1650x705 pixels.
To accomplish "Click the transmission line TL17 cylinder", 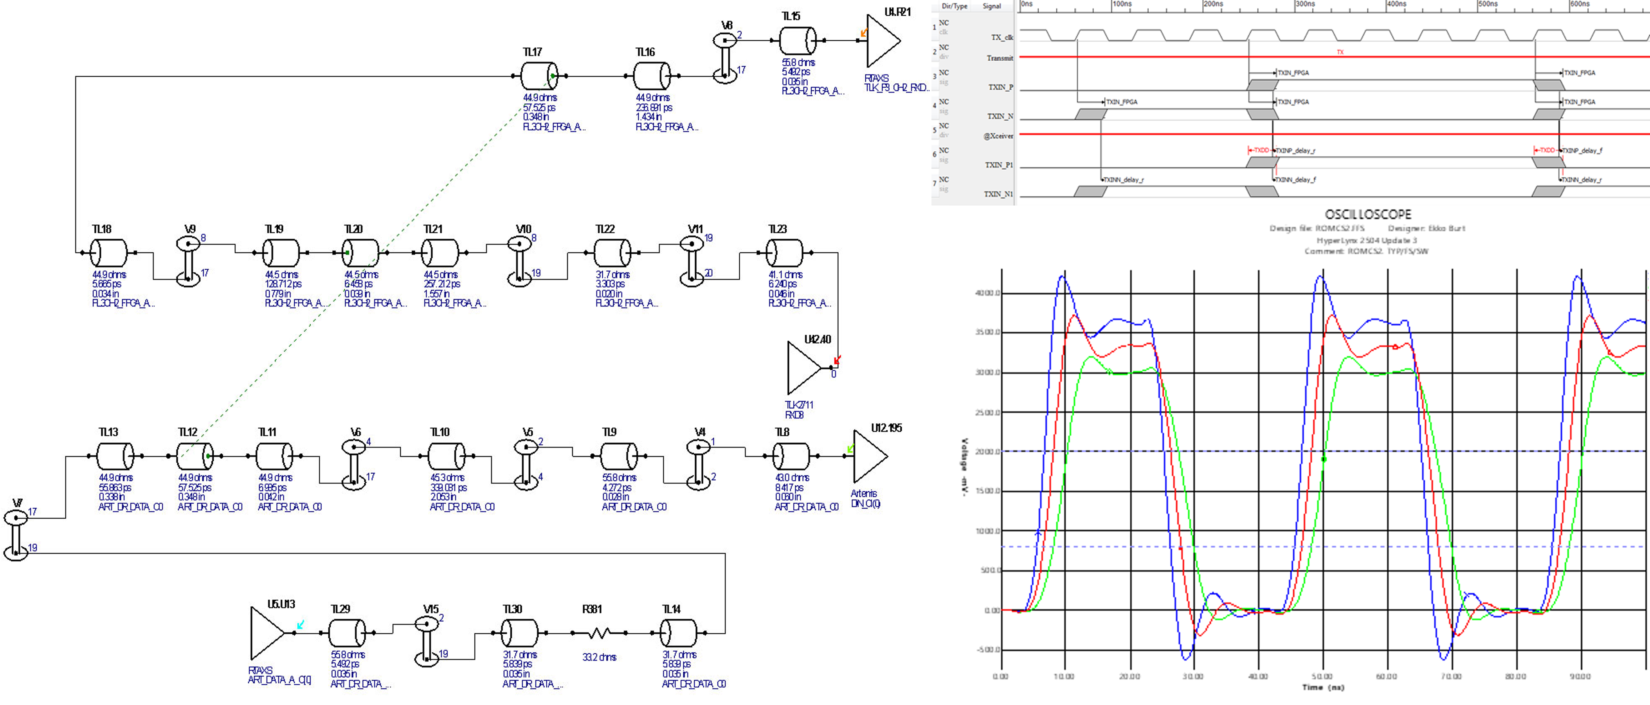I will (x=539, y=76).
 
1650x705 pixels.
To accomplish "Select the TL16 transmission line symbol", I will (x=651, y=76).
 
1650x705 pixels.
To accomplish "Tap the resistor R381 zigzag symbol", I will (x=599, y=633).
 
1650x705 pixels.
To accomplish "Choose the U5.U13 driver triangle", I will (x=267, y=633).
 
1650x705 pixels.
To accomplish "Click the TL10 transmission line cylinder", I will (x=447, y=456).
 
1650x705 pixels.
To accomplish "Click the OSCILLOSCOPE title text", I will (x=1367, y=215).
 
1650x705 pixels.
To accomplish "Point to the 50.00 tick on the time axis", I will (x=1322, y=676).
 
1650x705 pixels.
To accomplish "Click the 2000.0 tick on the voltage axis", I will (x=987, y=452).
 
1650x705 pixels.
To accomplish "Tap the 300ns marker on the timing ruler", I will (x=1305, y=4).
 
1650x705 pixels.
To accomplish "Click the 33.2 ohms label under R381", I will (x=599, y=658).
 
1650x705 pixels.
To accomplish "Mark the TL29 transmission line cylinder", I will (x=346, y=633).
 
